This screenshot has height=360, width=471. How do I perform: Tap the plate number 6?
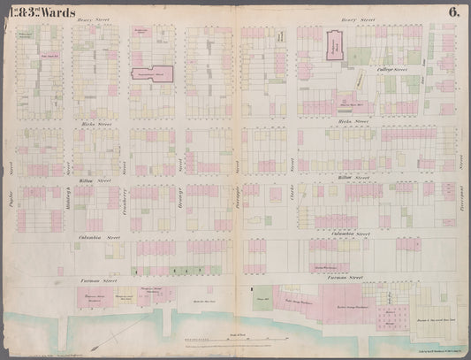452,11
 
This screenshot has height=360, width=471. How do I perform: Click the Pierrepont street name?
460,166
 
